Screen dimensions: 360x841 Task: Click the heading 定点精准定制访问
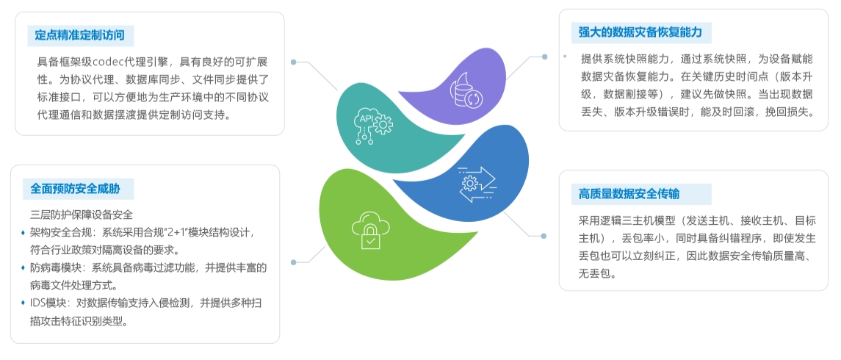point(79,35)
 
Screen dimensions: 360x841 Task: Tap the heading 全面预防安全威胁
point(75,188)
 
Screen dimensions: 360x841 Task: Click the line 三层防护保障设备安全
point(81,215)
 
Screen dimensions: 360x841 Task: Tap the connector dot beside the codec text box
point(294,62)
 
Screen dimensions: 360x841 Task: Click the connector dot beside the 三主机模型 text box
point(544,235)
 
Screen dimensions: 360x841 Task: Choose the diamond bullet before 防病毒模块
point(24,268)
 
